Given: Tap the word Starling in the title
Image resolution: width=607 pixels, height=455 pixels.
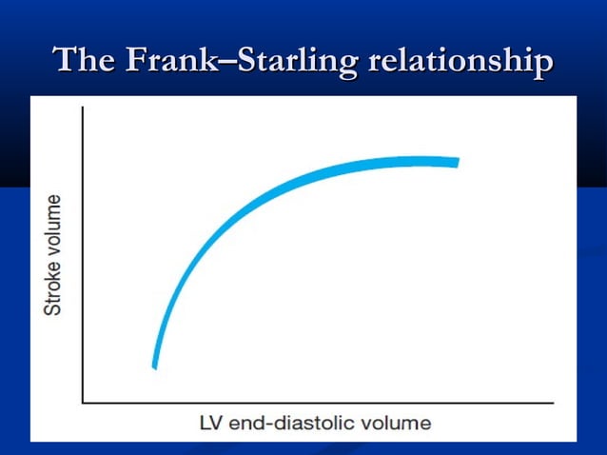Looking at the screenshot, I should (x=297, y=61).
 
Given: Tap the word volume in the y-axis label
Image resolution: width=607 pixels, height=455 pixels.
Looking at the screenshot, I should (x=55, y=225).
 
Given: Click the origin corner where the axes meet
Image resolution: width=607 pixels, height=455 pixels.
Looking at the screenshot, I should (x=84, y=403).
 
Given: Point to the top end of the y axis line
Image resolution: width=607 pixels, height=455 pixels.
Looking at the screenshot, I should (x=84, y=107).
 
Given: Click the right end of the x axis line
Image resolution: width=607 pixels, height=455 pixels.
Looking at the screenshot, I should (x=552, y=403).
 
